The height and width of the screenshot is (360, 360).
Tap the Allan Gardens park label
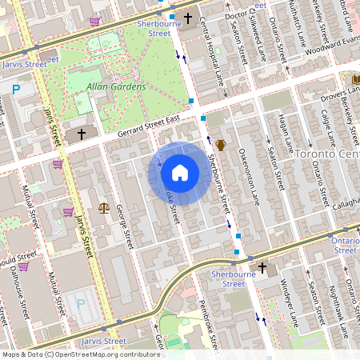tap(117, 86)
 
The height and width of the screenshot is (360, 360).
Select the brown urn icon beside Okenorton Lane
tap(220, 145)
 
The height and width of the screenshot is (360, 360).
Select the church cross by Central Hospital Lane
tap(189, 17)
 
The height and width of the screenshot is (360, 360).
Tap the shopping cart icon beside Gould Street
tap(24, 266)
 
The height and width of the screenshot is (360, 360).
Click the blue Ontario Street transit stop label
tap(345, 245)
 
